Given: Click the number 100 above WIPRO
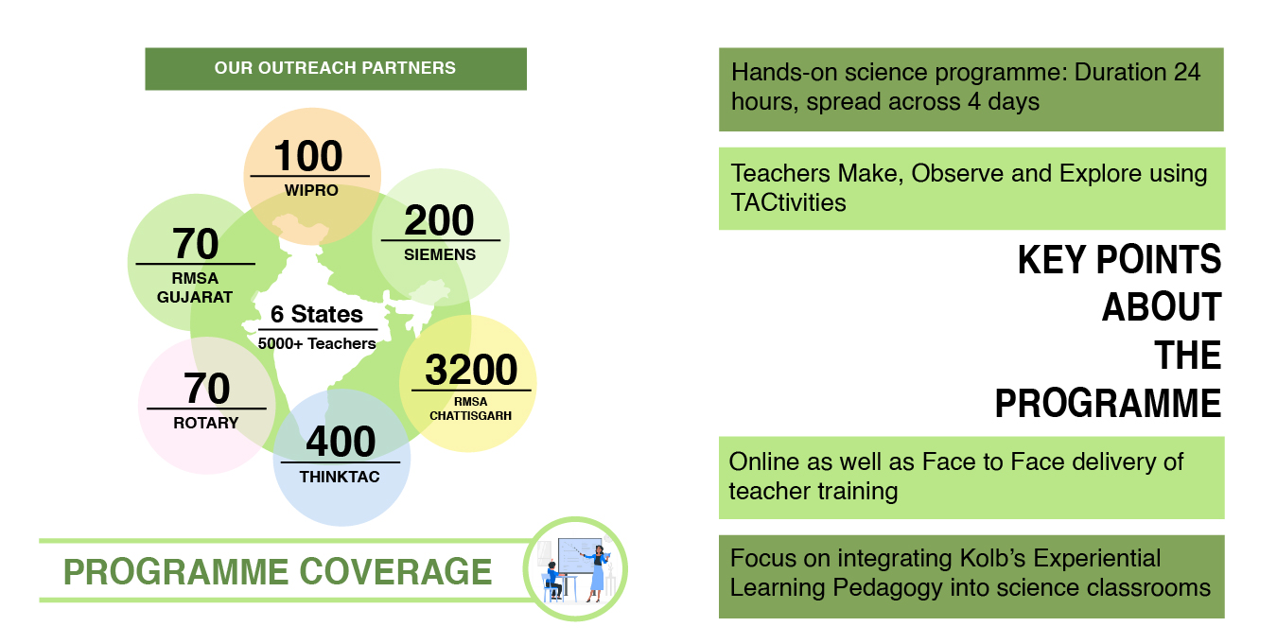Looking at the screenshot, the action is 308,156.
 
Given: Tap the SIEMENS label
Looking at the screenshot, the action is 440,254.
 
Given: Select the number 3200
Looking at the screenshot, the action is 471,370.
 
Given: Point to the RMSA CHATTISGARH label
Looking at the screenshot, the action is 470,409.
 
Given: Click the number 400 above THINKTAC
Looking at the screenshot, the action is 341,441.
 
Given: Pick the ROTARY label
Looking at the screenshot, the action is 206,423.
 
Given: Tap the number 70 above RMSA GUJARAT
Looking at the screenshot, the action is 196,243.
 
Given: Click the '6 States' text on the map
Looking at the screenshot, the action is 316,314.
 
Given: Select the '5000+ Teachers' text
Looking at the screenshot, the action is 316,343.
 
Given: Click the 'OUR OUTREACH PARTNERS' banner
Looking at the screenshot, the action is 336,68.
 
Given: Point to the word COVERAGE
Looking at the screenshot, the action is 395,571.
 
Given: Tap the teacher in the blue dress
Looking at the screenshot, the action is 596,573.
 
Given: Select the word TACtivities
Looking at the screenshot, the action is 789,202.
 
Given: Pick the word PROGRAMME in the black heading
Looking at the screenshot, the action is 1108,404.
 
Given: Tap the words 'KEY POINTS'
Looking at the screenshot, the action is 1119,260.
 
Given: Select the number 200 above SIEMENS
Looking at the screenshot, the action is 439,220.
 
